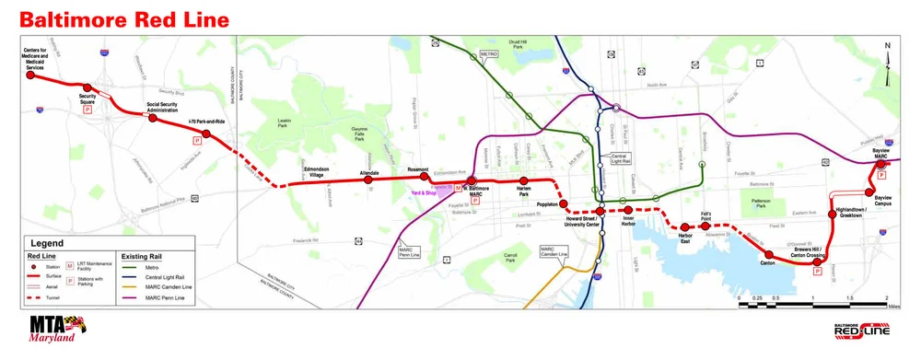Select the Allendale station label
[368, 172]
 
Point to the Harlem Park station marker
[523, 180]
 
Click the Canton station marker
[769, 253]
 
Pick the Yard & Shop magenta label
[431, 192]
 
